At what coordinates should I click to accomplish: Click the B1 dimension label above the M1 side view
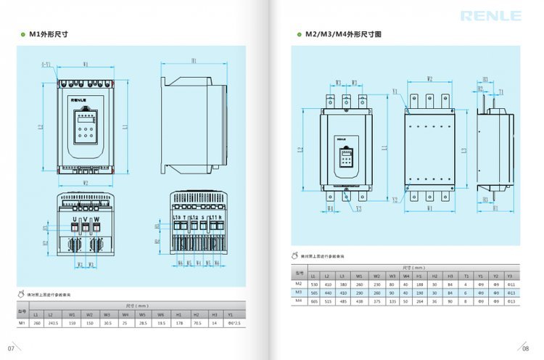[194, 61]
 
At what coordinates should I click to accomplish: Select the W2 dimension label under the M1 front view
[86, 182]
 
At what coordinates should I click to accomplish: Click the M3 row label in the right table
[298, 292]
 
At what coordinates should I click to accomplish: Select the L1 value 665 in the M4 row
[314, 300]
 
